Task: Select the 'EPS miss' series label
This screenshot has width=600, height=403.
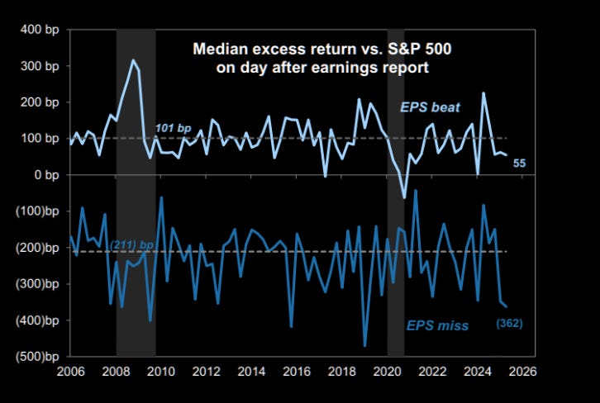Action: (x=437, y=325)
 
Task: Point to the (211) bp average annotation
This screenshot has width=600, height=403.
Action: (x=132, y=245)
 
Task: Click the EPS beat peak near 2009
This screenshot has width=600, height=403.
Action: (x=131, y=60)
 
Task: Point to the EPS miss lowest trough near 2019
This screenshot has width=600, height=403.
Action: (x=364, y=346)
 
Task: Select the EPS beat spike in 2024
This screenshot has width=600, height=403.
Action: (x=483, y=92)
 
